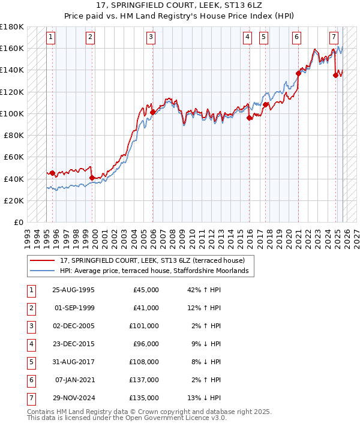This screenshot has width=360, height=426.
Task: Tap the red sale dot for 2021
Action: point(298,74)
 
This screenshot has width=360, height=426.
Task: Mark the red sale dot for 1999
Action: point(92,178)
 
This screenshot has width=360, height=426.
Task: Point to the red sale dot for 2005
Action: point(152,112)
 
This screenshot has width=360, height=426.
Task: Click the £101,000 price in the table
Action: point(146,326)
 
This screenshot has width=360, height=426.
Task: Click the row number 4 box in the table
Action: point(31,344)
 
